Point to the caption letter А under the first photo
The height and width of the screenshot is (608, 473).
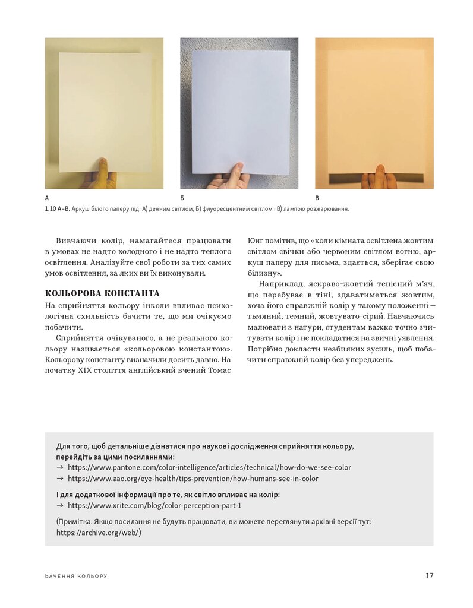point(47,198)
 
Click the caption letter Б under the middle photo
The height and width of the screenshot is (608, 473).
point(182,198)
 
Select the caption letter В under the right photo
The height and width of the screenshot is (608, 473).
point(317,198)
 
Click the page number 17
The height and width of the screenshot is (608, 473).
point(429,575)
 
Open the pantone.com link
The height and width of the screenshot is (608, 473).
point(209,467)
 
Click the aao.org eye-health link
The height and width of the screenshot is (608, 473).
point(193,478)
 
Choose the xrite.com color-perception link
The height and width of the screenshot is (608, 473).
point(154,506)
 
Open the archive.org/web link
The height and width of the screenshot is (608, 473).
point(99,533)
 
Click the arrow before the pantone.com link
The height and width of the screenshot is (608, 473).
point(59,467)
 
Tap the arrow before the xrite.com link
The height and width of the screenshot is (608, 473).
point(59,506)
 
